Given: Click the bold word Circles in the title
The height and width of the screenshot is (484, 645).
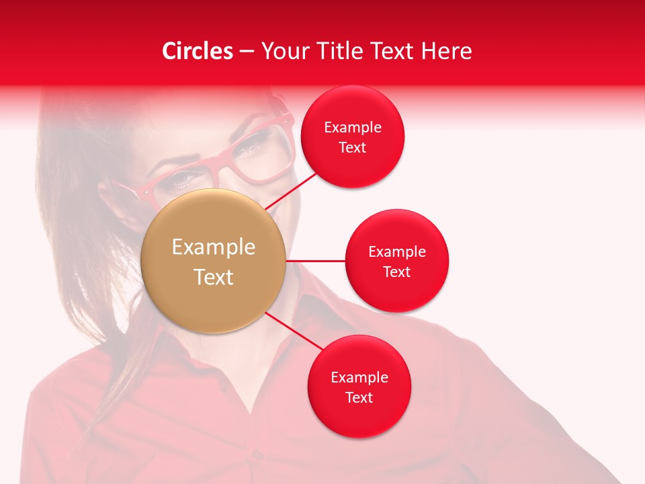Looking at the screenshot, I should [x=198, y=51].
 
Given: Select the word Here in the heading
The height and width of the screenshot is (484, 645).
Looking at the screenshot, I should [x=446, y=51].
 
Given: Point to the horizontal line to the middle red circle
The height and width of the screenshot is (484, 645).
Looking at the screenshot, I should [x=315, y=261].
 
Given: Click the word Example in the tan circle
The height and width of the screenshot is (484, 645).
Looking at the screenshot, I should [x=214, y=247].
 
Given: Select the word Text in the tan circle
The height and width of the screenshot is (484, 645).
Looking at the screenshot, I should [x=214, y=277].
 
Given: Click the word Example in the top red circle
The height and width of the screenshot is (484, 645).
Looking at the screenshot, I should [x=352, y=128].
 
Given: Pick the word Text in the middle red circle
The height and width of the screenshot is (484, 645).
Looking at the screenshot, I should [x=397, y=272].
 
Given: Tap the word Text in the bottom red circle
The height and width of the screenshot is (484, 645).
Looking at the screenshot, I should [x=359, y=397].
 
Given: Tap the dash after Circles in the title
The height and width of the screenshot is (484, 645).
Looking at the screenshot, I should [x=246, y=52].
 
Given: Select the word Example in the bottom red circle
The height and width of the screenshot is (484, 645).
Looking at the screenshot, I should [x=359, y=378].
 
